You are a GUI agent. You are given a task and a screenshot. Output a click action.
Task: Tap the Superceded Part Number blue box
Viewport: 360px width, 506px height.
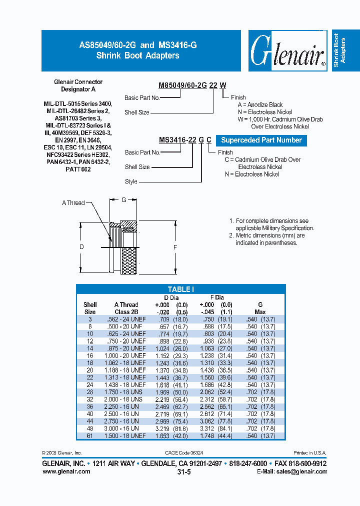(261, 140)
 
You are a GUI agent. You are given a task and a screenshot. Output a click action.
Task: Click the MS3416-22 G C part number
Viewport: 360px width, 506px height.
(185, 140)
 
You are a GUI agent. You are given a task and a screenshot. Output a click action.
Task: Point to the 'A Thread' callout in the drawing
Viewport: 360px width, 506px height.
(73, 203)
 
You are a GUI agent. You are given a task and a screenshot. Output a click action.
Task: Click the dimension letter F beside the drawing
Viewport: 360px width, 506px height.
(174, 247)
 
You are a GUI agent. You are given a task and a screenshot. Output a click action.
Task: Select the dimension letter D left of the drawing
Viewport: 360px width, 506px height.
(81, 247)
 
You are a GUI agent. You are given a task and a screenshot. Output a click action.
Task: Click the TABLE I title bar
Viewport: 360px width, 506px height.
(180, 289)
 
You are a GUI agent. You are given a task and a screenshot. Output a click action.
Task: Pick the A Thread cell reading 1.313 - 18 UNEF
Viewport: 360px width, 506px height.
(125, 377)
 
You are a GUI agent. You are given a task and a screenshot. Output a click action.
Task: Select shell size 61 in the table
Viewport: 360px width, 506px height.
(90, 436)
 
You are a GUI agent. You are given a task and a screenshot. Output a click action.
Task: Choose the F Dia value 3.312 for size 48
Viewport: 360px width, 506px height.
(206, 428)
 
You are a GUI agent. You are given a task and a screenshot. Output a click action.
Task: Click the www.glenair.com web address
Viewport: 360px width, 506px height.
(66, 471)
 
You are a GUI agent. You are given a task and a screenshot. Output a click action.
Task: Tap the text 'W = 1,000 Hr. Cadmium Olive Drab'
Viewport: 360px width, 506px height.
(280, 119)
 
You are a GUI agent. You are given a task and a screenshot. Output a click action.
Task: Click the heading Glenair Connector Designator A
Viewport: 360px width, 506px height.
(78, 85)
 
